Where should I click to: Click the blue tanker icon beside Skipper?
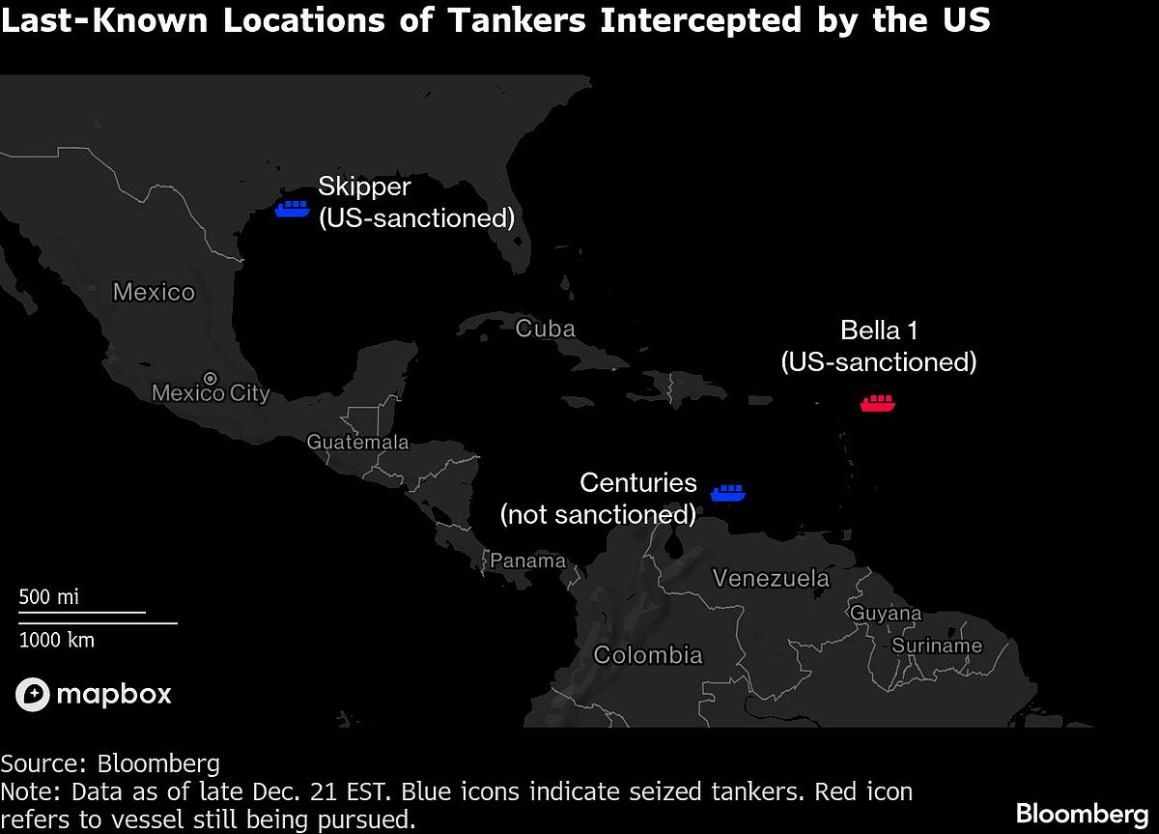click(x=292, y=208)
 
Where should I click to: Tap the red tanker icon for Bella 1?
click(x=877, y=403)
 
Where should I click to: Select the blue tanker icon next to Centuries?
click(x=728, y=493)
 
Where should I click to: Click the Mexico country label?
click(x=154, y=292)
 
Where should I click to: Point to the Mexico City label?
click(x=211, y=394)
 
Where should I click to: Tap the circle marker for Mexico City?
click(x=211, y=377)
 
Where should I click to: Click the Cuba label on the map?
click(x=545, y=329)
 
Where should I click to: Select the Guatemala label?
click(x=357, y=443)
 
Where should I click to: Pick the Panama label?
click(x=527, y=561)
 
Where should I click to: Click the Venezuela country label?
click(x=771, y=579)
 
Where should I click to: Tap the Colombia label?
click(x=648, y=655)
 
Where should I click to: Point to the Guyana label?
click(x=886, y=614)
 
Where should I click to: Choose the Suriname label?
click(x=936, y=646)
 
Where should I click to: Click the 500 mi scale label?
click(x=49, y=597)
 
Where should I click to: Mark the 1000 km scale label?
click(x=57, y=640)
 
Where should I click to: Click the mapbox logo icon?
click(x=32, y=694)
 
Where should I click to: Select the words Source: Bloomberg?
click(x=110, y=763)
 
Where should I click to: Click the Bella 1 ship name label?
click(x=879, y=331)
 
